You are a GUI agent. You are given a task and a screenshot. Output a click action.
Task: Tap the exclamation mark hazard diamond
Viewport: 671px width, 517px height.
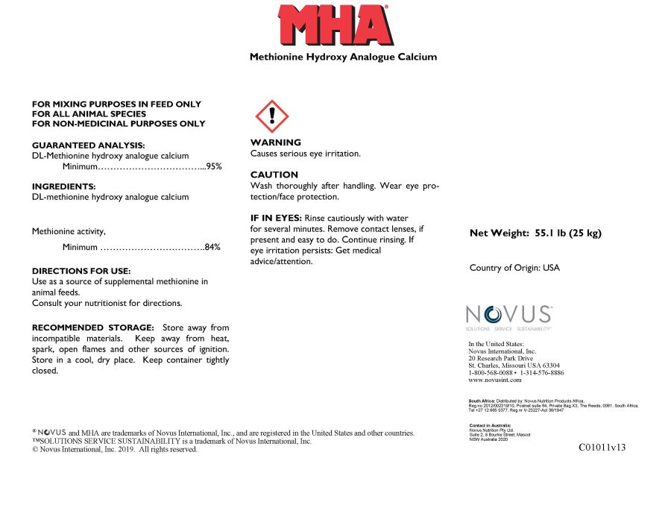click(x=272, y=116)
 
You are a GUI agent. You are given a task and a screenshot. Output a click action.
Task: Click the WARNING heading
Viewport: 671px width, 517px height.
click(x=276, y=142)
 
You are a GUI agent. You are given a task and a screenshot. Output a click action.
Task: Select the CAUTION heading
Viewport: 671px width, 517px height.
click(x=274, y=175)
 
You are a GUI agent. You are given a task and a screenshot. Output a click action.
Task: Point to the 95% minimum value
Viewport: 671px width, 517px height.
click(x=213, y=167)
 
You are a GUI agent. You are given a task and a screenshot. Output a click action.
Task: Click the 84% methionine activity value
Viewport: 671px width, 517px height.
click(x=212, y=247)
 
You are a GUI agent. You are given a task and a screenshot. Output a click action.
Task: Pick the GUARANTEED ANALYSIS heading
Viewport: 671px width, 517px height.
click(x=89, y=145)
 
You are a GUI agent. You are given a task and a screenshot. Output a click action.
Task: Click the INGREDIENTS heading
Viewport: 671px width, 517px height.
click(x=64, y=187)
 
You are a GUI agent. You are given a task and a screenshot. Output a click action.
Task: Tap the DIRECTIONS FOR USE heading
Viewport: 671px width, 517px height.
click(x=81, y=271)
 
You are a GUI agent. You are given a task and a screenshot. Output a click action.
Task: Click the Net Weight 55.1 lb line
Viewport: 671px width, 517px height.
click(x=535, y=233)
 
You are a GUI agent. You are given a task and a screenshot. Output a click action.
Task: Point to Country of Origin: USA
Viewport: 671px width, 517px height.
click(x=514, y=268)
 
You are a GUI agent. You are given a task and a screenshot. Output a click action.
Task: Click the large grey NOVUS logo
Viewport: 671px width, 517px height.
click(x=508, y=314)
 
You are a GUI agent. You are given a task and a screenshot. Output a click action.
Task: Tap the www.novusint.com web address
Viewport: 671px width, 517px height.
click(x=495, y=380)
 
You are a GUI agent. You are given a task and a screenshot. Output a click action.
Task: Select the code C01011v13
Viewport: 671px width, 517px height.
click(x=602, y=448)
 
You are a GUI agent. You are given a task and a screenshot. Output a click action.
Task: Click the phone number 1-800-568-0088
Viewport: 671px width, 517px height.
click(x=491, y=372)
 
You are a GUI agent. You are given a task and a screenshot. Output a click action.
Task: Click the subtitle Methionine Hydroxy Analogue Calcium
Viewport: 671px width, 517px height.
click(x=343, y=57)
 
